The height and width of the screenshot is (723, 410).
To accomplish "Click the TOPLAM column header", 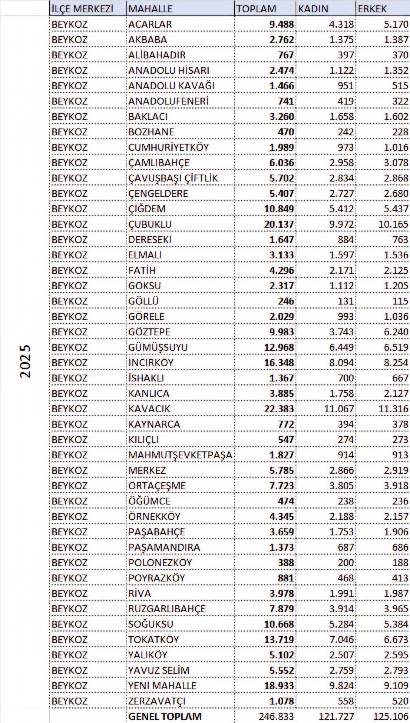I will point(256,9).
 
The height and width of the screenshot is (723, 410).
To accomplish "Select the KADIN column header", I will point(313,9).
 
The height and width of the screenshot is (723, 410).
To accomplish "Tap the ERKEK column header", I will point(372,9).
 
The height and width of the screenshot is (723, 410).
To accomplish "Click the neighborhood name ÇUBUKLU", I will point(150,224).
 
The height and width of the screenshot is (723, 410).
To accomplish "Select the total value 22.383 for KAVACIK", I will point(279,409).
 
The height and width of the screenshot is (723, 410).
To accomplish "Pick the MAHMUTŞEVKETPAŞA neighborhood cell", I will point(180,455).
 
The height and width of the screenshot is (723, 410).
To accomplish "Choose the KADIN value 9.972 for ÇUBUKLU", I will point(341,224).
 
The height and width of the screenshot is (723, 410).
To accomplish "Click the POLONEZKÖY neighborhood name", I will point(160,563).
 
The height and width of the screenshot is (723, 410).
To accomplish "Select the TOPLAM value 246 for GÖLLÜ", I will point(286,301).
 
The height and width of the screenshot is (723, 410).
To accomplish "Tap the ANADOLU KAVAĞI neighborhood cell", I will point(171,86).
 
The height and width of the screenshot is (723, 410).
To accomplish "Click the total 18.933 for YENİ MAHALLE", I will point(279,685).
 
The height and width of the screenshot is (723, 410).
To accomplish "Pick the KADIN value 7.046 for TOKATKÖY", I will point(341,639).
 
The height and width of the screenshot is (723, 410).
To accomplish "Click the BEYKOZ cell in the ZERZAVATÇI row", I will point(70,701).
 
